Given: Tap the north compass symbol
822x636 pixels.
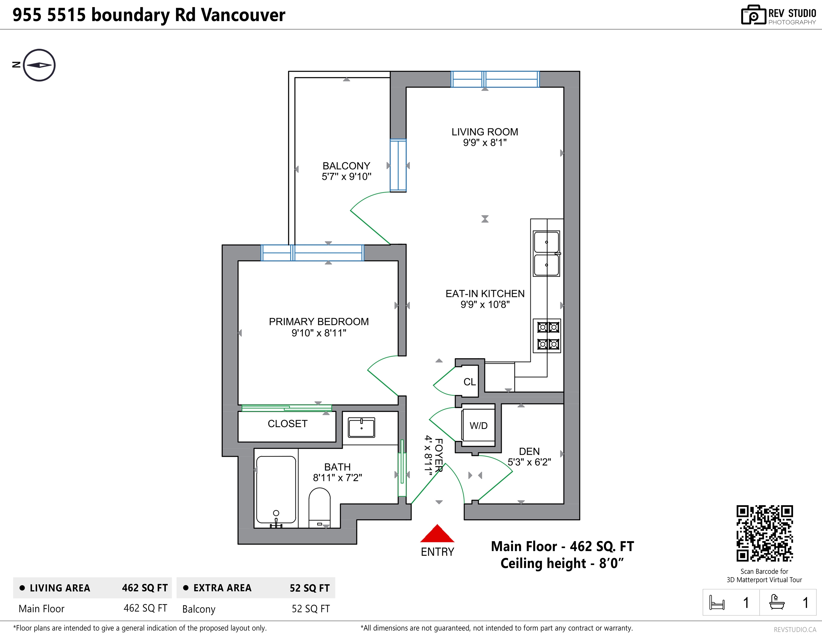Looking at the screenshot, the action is [x=39, y=65].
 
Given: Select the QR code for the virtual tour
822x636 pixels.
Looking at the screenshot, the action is [x=765, y=533].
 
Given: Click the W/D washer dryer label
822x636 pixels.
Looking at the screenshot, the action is [x=478, y=426].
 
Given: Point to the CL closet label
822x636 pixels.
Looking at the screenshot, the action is [x=469, y=382].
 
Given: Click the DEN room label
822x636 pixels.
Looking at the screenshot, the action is [x=529, y=451].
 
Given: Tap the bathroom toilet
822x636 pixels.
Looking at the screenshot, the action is [x=319, y=507].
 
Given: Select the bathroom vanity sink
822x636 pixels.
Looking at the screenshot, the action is [x=361, y=428].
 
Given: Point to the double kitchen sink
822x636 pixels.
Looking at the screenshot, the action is [x=547, y=253].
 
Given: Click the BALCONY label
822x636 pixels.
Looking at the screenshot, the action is [x=346, y=166].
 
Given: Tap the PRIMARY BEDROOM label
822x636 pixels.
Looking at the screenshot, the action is [x=319, y=322].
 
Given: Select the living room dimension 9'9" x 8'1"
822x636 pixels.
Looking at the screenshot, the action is [x=485, y=142].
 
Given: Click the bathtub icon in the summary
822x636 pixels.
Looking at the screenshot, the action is [x=776, y=602].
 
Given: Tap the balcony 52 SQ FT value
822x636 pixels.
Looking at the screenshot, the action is [x=310, y=609].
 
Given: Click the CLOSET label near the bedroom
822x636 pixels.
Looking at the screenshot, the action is [x=288, y=424].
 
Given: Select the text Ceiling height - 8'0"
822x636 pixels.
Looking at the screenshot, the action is [x=562, y=563].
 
